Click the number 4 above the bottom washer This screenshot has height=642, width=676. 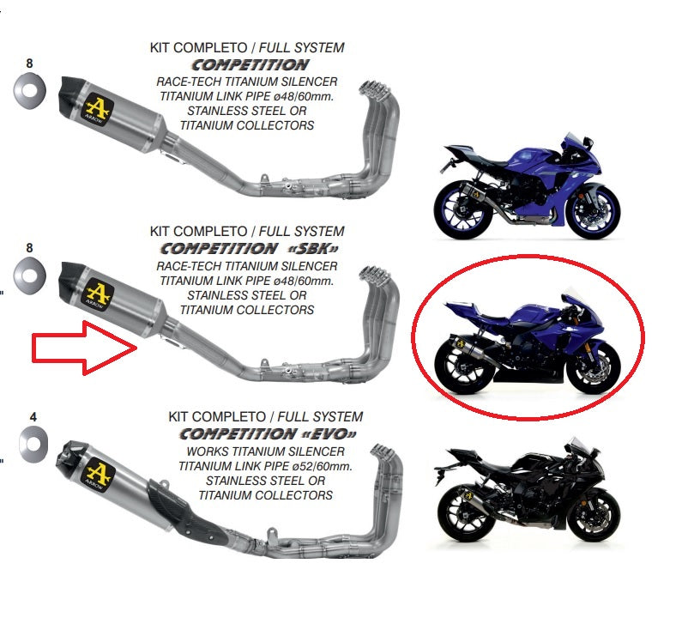(33, 418)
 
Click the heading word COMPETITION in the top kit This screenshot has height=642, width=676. (250, 64)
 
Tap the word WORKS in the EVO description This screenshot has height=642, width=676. (203, 451)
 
